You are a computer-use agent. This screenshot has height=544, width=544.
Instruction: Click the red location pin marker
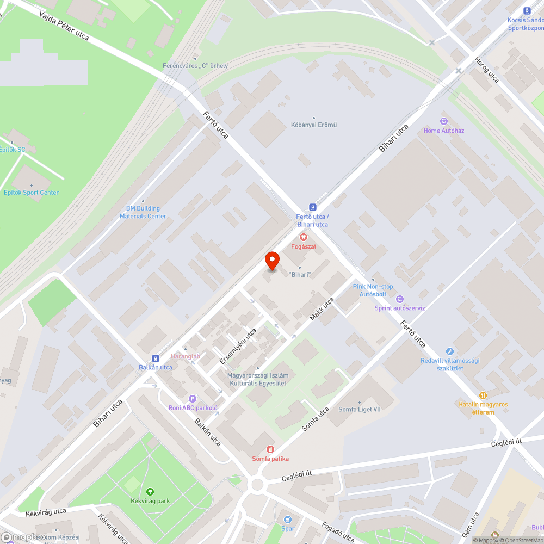coord(272,261)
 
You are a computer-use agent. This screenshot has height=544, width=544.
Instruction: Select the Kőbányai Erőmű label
coord(314,125)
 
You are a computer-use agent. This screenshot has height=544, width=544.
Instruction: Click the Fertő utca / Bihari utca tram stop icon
coord(312,207)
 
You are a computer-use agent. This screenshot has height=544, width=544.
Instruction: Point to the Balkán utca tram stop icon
coord(156,358)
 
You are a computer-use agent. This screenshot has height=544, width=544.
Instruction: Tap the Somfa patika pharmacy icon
coord(270,449)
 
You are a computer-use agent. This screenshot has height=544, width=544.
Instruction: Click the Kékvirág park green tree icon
coord(150,491)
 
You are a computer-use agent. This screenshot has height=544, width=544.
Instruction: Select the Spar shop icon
coord(288,519)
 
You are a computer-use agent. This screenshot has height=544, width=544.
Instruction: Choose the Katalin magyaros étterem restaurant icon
coord(483,395)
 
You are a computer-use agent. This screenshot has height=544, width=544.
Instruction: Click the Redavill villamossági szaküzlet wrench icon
coord(449,351)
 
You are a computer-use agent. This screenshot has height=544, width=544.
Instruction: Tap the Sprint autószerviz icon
coord(400,299)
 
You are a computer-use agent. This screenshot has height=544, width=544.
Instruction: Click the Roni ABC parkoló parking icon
coord(192,399)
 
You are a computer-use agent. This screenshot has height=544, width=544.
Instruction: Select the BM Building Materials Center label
coord(143,212)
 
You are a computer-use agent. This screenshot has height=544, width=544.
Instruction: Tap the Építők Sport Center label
coord(31,193)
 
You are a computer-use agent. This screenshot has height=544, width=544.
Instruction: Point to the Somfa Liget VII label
coord(360,410)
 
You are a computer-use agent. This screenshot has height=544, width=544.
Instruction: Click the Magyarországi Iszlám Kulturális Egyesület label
coord(258,379)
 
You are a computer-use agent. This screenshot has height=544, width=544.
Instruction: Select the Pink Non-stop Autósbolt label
coord(373,290)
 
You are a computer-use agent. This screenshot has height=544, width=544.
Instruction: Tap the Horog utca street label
coord(486,70)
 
